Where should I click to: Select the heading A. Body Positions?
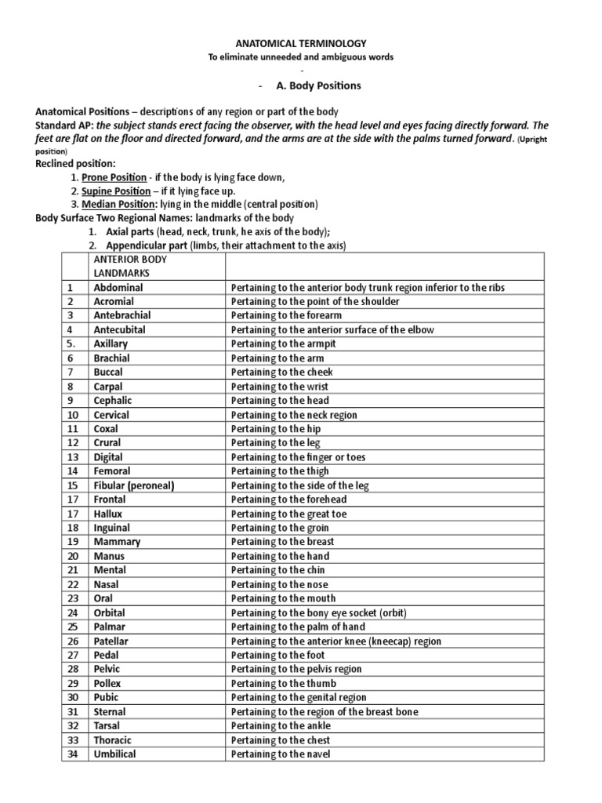(317, 85)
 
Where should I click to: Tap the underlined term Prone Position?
(114, 177)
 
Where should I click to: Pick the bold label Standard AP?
(64, 125)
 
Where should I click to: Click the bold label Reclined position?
(76, 163)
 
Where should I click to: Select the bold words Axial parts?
(129, 231)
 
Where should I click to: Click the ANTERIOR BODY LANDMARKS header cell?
(130, 266)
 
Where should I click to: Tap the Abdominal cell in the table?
(118, 288)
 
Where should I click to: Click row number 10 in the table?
(73, 415)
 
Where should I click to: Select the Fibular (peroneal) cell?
(134, 485)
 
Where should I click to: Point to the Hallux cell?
(108, 514)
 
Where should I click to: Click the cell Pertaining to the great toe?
(289, 514)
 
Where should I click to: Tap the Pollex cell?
(108, 683)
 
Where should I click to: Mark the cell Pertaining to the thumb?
(284, 683)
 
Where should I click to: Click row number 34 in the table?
(73, 754)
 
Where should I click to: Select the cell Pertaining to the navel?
(281, 754)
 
